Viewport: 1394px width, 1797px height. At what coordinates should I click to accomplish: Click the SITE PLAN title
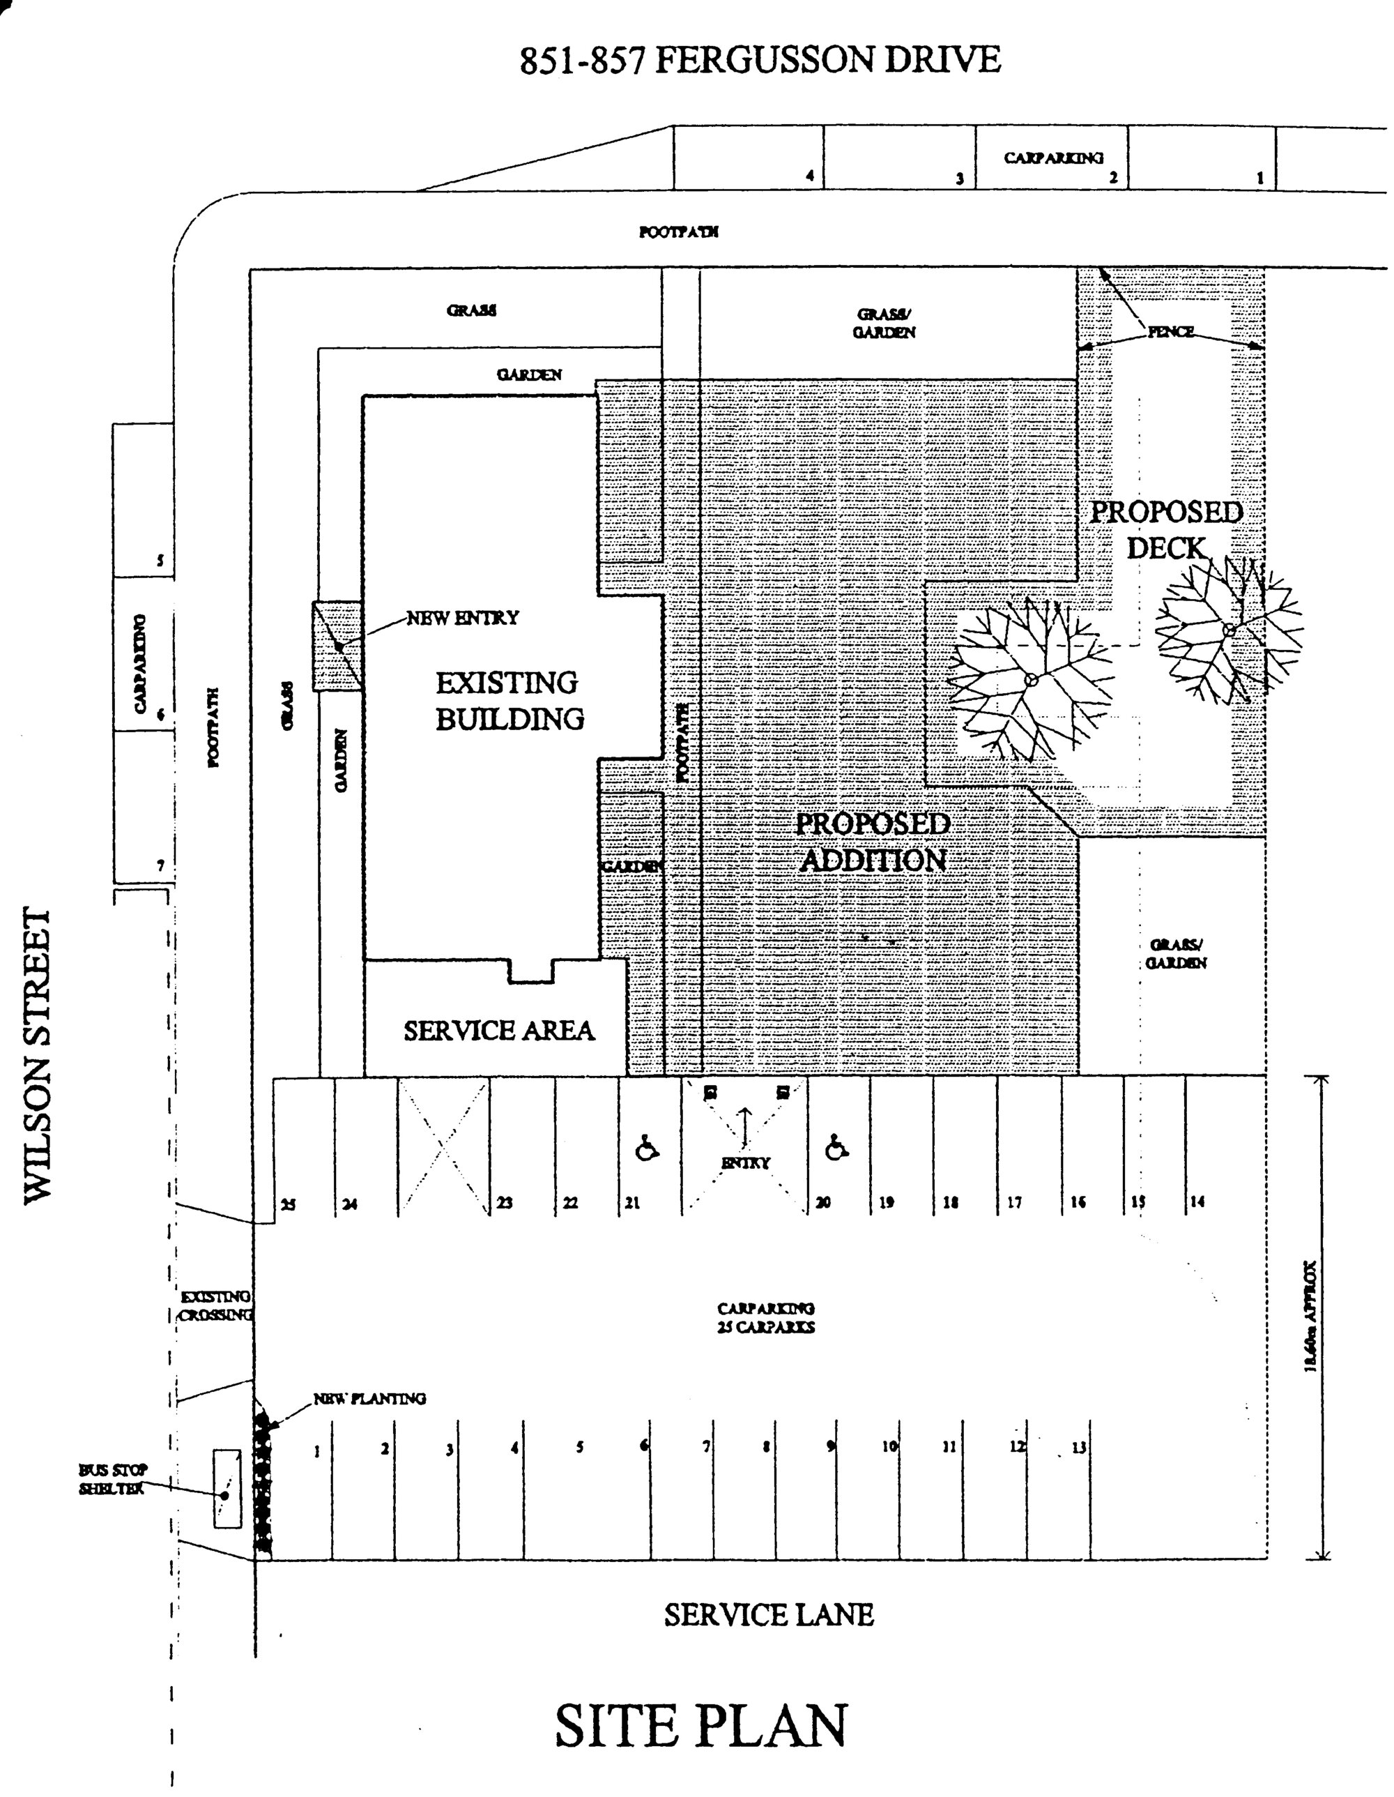pyautogui.click(x=700, y=1727)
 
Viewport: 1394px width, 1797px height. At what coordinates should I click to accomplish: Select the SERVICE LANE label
pyautogui.click(x=768, y=1615)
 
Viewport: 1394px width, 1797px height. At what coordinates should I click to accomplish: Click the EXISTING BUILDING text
pyautogui.click(x=509, y=700)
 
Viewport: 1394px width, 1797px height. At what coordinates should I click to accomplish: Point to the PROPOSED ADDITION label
pyautogui.click(x=873, y=841)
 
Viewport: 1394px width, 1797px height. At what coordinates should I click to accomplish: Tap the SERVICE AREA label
pyautogui.click(x=498, y=1030)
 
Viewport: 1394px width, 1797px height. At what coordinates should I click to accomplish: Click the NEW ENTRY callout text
pyautogui.click(x=463, y=617)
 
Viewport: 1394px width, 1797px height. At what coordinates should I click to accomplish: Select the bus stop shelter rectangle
pyautogui.click(x=228, y=1489)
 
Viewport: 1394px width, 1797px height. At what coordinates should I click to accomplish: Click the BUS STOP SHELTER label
pyautogui.click(x=113, y=1478)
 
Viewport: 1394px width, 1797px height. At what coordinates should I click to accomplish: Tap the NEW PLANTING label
pyautogui.click(x=369, y=1398)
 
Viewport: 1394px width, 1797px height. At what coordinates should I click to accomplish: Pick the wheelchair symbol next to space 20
pyautogui.click(x=836, y=1147)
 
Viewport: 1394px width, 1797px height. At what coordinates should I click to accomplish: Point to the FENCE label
pyautogui.click(x=1170, y=332)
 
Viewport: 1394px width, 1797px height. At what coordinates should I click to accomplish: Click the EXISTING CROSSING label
pyautogui.click(x=215, y=1305)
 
